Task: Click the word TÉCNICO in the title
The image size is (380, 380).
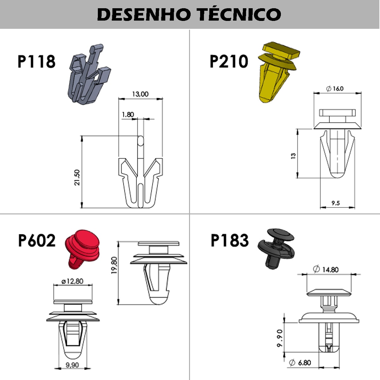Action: [239, 14]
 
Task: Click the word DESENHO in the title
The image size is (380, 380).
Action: [144, 14]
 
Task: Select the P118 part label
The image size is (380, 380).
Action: [36, 61]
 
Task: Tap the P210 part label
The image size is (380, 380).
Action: [229, 61]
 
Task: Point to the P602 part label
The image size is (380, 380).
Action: [37, 241]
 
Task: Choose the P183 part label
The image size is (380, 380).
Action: [230, 241]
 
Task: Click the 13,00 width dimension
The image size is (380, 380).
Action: [140, 94]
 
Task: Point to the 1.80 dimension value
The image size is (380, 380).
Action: [128, 115]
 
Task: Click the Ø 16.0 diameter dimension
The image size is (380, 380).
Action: [335, 89]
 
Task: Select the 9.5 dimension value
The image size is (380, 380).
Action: [336, 203]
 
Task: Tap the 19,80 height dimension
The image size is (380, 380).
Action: [115, 265]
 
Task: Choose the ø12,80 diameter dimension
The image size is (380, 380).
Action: [73, 281]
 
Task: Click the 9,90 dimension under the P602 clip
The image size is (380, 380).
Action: [72, 365]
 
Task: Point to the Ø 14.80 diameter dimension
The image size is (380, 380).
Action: [326, 269]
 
